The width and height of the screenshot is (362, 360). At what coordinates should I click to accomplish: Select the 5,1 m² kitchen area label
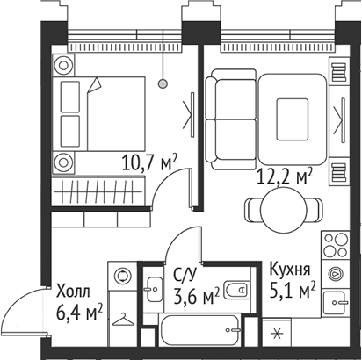click(293, 289)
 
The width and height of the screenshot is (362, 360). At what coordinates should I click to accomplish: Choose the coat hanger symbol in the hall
click(123, 319)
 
